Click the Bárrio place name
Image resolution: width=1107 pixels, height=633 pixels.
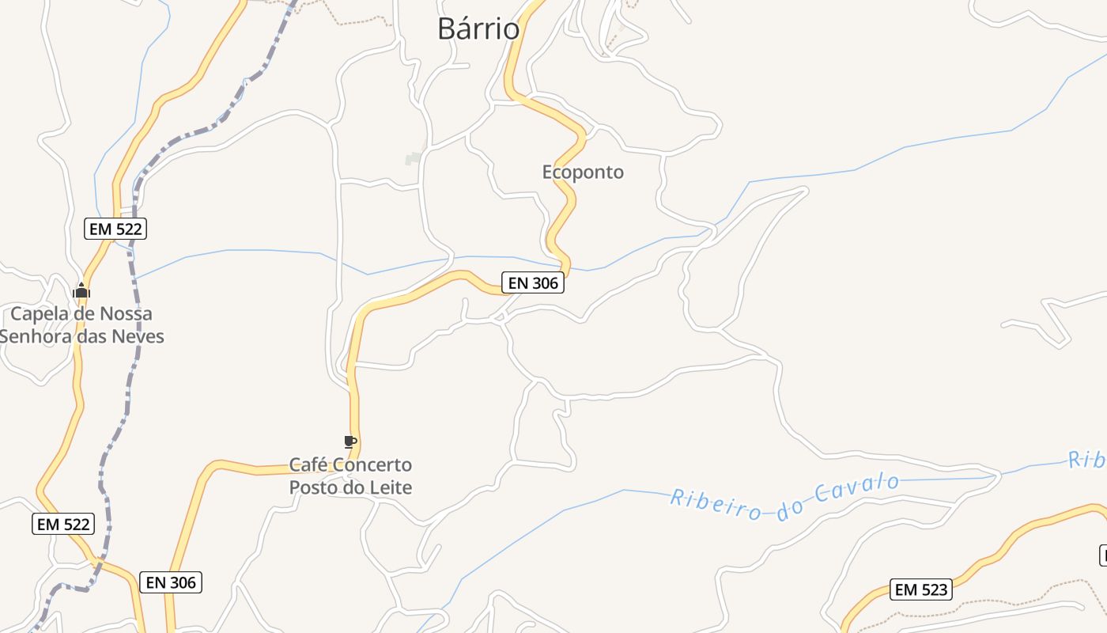coord(478,28)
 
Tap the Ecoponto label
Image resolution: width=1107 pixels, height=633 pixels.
coord(583,172)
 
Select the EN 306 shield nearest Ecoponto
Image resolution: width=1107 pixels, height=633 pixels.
coord(533,282)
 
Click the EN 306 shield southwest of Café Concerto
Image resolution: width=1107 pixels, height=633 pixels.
coord(171,582)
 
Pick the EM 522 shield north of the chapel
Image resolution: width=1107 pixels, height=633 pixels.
coord(116,229)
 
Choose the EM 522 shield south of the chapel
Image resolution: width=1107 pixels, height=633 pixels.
coord(63,523)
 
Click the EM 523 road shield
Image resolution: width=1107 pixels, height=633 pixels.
coord(921,589)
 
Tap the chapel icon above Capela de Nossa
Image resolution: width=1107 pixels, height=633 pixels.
coord(81,290)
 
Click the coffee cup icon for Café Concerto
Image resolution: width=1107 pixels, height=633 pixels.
coord(350,442)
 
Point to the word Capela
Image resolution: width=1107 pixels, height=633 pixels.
coord(39,313)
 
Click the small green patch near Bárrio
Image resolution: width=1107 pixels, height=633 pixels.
coord(413,159)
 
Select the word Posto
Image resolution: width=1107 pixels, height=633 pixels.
coord(314,487)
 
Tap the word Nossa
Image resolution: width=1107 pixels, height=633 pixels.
coord(127,313)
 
